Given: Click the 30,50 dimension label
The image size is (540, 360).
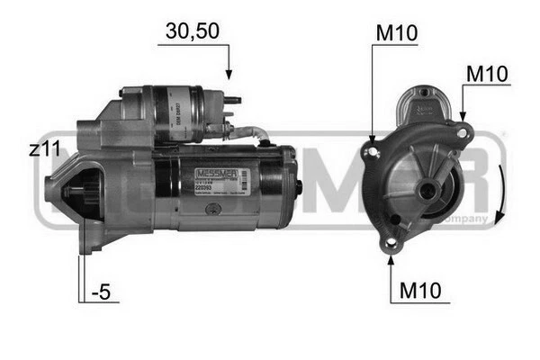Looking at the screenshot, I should coord(192,31).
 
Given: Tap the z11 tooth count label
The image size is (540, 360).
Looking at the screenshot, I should coord(44,150).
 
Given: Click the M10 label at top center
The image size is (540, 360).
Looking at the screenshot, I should coord(396,33).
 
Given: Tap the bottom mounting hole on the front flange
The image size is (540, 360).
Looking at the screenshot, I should coord(390,244).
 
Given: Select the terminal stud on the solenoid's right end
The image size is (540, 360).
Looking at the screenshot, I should coord(233,102).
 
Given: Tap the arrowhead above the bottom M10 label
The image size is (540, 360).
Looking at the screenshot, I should coord(391,261).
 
